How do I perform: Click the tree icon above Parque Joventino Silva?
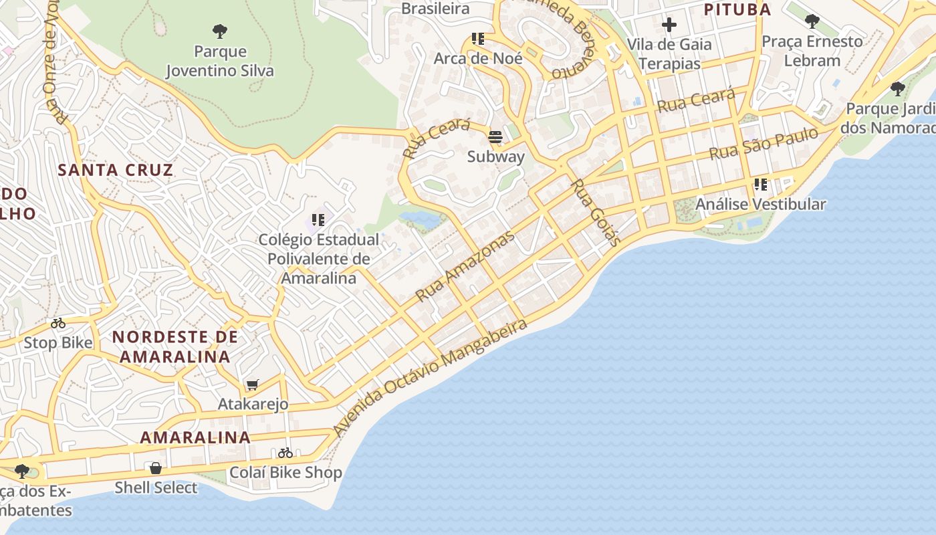click(219, 31)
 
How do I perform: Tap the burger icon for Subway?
click(495, 137)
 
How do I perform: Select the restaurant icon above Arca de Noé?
click(477, 39)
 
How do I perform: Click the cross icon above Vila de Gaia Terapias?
click(669, 25)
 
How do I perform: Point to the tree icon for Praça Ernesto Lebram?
click(812, 21)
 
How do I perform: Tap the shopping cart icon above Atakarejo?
click(252, 385)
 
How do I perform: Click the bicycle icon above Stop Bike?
click(58, 324)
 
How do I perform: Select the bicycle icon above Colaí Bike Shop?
click(285, 453)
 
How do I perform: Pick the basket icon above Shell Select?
click(156, 468)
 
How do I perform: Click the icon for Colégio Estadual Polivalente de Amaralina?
click(318, 219)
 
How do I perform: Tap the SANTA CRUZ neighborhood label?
click(116, 170)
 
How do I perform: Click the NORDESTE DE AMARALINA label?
click(174, 346)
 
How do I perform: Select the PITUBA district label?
click(737, 9)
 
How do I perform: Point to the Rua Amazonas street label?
click(465, 266)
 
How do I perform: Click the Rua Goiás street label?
click(597, 211)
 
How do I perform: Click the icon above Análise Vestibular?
click(760, 185)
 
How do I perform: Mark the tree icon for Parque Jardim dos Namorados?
click(898, 88)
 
